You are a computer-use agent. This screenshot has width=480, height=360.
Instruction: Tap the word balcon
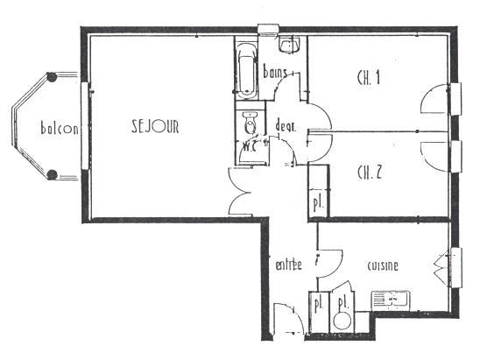coord(60,128)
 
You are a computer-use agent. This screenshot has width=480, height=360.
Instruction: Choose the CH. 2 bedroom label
coord(368,172)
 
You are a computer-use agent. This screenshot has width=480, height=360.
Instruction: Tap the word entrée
coord(288,264)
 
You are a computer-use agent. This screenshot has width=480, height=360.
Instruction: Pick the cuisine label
coord(385,265)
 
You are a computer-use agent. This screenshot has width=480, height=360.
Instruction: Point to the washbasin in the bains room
coord(291,45)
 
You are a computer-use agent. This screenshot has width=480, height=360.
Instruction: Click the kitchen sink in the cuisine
coord(392,300)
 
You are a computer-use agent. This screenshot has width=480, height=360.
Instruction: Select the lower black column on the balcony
coord(53,175)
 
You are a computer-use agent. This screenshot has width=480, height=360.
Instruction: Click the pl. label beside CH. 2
coord(318,202)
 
